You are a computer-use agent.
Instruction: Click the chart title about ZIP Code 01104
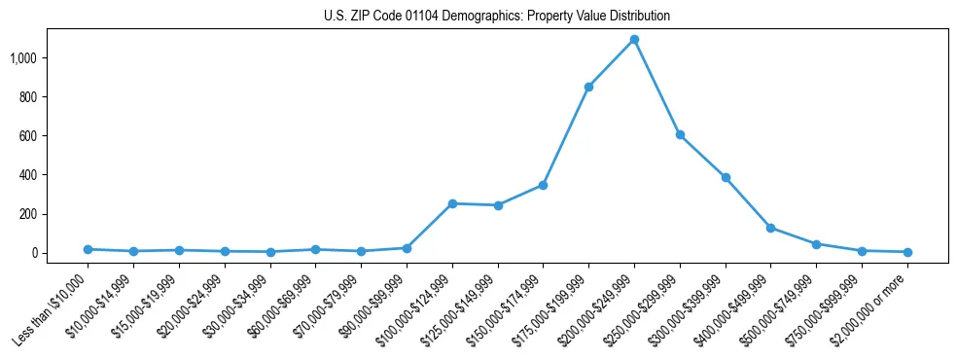[497, 17]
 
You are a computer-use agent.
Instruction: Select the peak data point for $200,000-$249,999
[634, 40]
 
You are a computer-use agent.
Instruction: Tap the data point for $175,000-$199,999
[588, 88]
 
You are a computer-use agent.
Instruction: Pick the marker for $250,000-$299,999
[680, 135]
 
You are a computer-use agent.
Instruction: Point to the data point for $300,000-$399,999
[726, 178]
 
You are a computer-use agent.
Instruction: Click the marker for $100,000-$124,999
[452, 203]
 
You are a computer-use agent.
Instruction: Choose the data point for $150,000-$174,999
[543, 185]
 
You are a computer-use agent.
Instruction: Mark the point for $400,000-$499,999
[770, 228]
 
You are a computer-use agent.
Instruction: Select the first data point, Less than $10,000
[88, 249]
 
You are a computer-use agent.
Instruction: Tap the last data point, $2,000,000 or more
[907, 252]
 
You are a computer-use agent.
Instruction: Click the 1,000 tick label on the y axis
[23, 58]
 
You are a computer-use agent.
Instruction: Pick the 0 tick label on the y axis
[35, 253]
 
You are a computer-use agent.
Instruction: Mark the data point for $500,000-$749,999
[816, 244]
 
